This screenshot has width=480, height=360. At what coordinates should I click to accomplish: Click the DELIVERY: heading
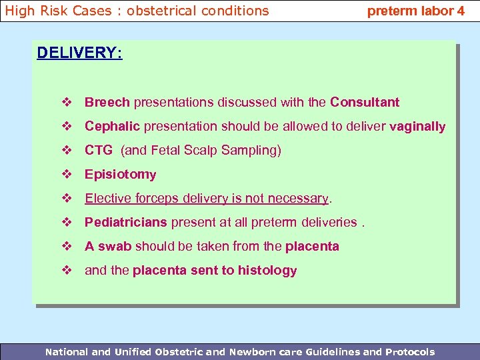79,53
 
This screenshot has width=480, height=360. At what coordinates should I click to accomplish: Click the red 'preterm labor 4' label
416,11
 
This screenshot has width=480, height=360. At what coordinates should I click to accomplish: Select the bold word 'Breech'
107,102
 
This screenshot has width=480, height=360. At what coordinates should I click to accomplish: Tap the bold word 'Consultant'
365,102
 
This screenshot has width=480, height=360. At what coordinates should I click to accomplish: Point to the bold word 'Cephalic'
112,126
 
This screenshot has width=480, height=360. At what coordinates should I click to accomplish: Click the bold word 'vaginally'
417,126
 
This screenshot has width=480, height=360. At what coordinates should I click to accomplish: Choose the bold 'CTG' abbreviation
99,150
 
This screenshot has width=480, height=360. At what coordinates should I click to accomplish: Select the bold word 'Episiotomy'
120,174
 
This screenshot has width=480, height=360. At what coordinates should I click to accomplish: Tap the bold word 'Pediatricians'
126,222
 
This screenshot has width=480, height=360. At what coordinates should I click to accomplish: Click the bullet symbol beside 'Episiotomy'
67,174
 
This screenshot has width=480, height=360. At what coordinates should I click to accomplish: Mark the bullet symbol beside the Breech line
67,102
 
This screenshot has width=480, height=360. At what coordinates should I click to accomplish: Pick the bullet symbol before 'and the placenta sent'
67,270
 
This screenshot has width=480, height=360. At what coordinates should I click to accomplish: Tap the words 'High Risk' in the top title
33,11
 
